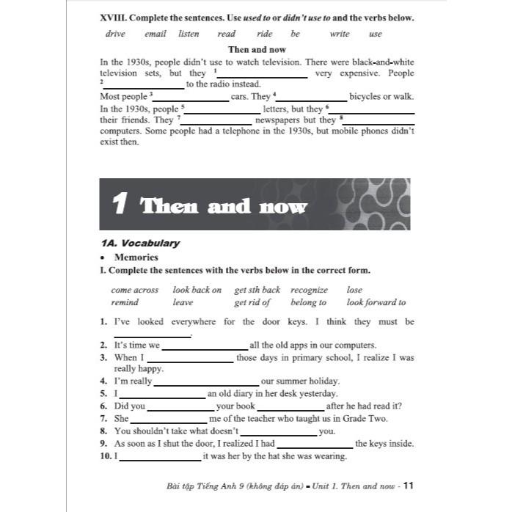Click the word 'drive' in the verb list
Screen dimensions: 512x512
click(115, 34)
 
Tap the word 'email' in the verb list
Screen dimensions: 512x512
click(155, 34)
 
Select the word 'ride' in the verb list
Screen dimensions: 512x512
click(264, 34)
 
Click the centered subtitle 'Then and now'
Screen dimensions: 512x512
click(257, 50)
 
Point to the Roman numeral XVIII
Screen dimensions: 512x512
click(111, 18)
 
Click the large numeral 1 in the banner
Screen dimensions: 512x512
click(120, 205)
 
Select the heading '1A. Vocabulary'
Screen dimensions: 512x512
click(139, 243)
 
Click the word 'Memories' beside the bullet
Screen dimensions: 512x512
click(136, 257)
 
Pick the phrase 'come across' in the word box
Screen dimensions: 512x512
click(134, 290)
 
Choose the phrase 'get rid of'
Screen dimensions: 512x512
click(252, 302)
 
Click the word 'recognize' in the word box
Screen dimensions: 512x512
click(309, 290)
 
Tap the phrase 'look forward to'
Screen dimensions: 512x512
click(376, 302)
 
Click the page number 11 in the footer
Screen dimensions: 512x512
click(409, 485)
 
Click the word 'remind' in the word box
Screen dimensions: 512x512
click(125, 302)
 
